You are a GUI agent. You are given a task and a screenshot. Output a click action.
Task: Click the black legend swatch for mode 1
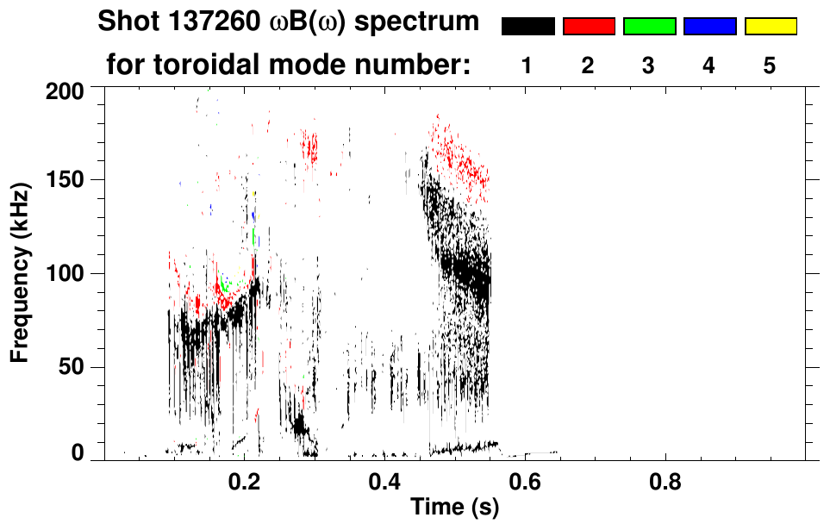[527, 27]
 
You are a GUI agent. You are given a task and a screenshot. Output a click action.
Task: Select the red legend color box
[589, 27]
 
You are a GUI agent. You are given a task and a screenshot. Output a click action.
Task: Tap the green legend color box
[649, 27]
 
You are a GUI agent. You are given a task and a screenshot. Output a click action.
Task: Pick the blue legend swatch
[709, 27]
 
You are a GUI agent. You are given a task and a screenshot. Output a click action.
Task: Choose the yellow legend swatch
[770, 27]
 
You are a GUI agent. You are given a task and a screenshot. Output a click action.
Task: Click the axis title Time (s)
[454, 508]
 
